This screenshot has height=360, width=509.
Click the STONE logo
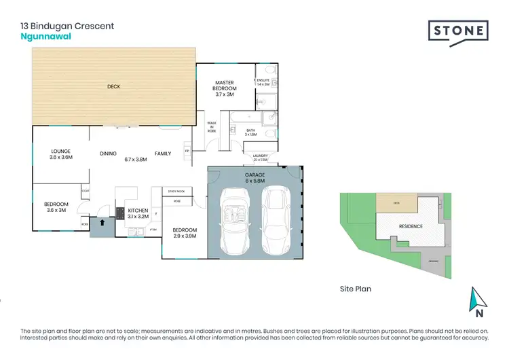pos(458,31)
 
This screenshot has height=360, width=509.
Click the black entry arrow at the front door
pos(102,221)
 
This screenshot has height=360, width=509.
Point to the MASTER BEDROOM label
pos(225,85)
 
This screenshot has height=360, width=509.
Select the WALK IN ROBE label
pos(211,127)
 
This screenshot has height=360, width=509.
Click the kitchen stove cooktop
pos(120,214)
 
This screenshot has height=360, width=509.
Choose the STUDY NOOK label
pos(176,192)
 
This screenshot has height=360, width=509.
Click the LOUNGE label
pos(61,153)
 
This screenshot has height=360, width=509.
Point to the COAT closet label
pos(85,191)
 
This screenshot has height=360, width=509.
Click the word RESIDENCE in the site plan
pos(411,226)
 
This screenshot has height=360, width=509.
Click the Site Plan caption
pos(355,289)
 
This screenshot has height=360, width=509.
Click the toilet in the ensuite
pos(269,70)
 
